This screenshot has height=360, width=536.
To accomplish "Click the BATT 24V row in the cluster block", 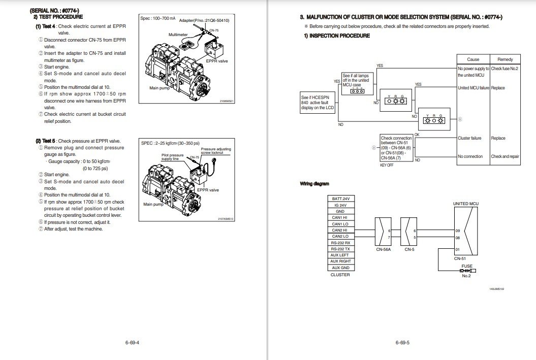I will coord(340,199).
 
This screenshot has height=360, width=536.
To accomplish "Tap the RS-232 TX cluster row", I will coord(340,249).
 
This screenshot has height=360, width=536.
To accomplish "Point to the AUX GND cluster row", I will coord(340,268).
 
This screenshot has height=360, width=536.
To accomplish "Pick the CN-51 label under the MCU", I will coord(460,258).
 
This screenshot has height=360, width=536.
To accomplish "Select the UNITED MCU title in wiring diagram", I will coord(465,204).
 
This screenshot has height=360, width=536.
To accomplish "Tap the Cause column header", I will coord(473,59).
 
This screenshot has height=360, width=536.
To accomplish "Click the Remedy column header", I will coord(505,59).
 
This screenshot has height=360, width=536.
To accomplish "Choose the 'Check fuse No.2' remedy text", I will coord(505,69).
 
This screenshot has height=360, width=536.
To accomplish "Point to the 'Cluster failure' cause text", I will coord(469,138).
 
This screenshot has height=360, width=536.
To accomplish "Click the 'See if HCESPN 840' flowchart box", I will coord(317,103).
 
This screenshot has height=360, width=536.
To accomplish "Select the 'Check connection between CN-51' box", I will coord(396,148).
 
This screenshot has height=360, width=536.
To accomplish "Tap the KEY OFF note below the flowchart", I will coord(387,165).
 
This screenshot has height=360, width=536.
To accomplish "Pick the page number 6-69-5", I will coord(402,342).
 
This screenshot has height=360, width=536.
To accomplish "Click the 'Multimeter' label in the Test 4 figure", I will coord(178,35).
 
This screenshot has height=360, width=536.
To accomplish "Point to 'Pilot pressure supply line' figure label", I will coord(173,157).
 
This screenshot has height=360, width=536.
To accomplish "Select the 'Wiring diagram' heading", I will coord(314,183).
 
